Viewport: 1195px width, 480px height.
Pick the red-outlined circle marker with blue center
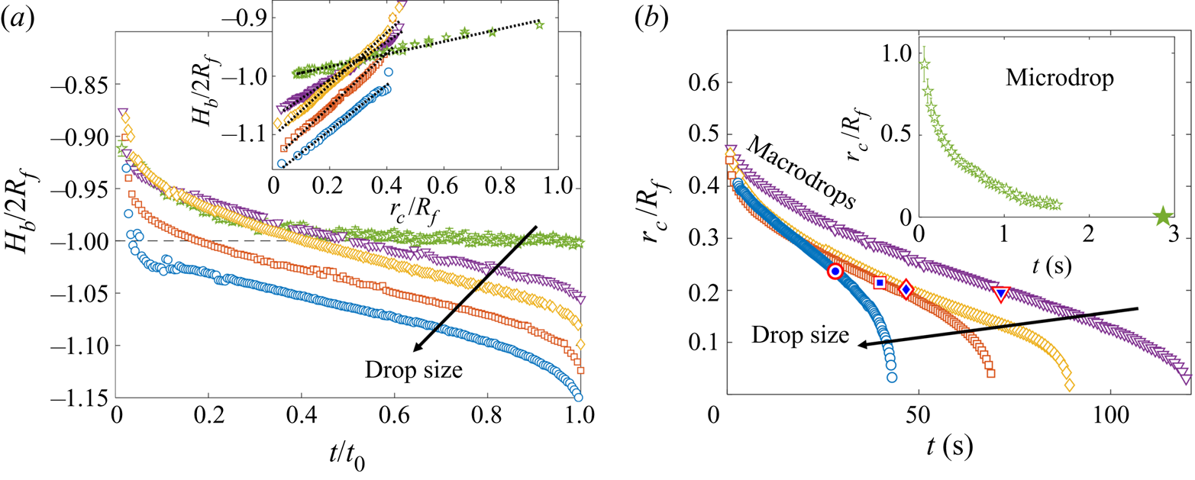tap(835, 271)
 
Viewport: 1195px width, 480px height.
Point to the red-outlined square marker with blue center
tap(880, 282)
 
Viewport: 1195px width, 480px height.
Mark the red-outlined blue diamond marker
tap(906, 289)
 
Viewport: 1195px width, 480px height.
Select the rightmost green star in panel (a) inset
tap(540, 25)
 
